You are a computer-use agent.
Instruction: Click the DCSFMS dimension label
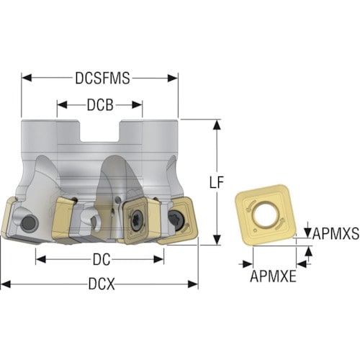tap(102, 78)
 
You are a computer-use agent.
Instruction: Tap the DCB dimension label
tap(100, 105)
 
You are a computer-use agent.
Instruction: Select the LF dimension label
tap(217, 182)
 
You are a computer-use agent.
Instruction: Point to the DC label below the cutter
tap(102, 259)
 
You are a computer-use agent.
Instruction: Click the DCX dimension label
tap(102, 284)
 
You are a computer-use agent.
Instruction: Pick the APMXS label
tap(336, 233)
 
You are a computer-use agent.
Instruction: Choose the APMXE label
tap(273, 276)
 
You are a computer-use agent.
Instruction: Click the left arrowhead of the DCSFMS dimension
tap(27, 78)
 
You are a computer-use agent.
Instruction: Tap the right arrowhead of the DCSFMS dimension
tap(173, 78)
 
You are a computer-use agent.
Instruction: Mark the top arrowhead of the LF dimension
tap(217, 125)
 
